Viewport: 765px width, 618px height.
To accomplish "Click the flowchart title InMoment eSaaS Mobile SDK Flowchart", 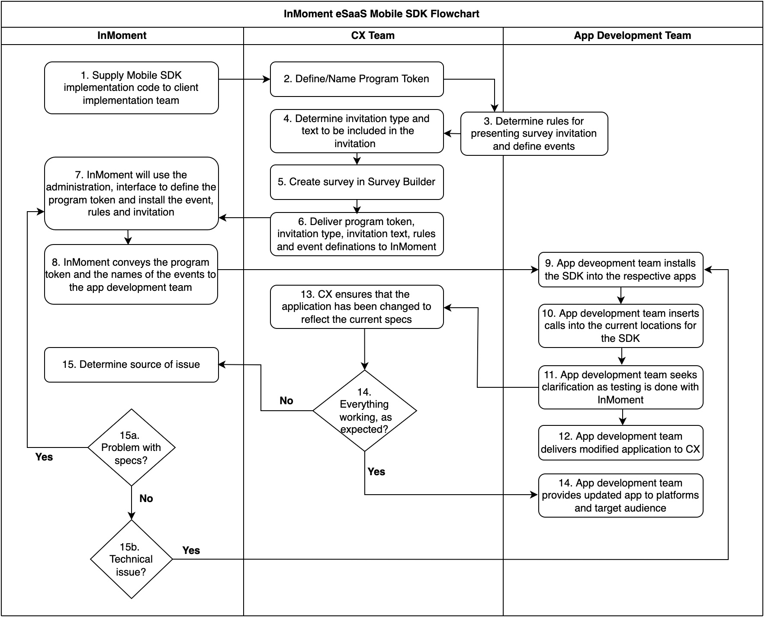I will (x=381, y=14).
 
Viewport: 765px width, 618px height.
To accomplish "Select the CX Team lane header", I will (x=373, y=35).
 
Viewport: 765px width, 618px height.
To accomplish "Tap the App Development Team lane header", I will (x=632, y=35).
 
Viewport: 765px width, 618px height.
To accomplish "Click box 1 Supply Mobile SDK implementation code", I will (x=131, y=88).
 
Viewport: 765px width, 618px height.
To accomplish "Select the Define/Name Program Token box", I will (x=357, y=79).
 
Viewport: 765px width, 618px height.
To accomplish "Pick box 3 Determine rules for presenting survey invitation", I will (x=534, y=134).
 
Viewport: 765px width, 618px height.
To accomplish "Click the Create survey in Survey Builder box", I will (x=357, y=182).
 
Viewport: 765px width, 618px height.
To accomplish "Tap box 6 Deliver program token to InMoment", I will (x=357, y=234).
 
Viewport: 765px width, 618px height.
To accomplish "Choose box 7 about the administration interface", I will (x=131, y=193).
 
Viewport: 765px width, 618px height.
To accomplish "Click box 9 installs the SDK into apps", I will (x=620, y=270).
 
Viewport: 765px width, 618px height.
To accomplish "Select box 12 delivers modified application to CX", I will (x=620, y=443).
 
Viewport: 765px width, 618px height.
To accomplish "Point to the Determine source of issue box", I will (x=131, y=365).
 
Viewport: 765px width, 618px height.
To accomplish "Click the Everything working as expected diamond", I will (x=364, y=411).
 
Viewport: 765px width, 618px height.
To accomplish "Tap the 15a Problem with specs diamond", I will (x=131, y=447).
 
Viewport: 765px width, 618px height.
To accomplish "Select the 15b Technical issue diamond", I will (x=131, y=559).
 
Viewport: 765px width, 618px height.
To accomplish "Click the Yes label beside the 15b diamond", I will (x=191, y=550).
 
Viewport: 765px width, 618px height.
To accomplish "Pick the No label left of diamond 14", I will (x=286, y=401).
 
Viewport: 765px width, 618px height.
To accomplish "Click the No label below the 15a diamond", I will (x=146, y=499).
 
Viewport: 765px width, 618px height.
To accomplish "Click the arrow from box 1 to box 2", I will (x=244, y=79).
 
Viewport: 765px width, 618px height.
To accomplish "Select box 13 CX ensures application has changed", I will (x=357, y=307).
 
